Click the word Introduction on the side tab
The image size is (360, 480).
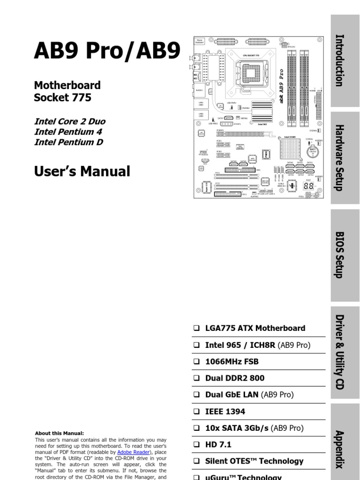(339, 60)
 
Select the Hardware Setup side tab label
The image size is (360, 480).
(339, 157)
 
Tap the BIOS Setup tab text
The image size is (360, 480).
(339, 255)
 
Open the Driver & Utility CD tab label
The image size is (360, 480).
(339, 352)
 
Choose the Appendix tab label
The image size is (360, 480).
(339, 449)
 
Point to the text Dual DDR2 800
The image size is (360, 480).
(234, 378)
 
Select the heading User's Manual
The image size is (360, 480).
(82, 172)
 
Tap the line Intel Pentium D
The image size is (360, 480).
(68, 142)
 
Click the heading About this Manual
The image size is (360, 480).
(60, 434)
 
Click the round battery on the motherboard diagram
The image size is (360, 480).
(313, 151)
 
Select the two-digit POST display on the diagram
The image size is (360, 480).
(308, 186)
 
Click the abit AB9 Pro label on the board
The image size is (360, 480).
(281, 86)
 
